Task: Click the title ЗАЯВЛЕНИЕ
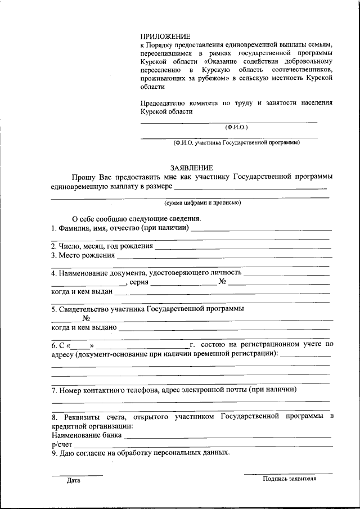point(192,168)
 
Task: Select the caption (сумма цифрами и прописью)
point(202,202)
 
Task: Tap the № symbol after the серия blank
point(223,282)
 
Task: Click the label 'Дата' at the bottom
point(73,481)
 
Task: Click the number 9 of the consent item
point(53,452)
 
